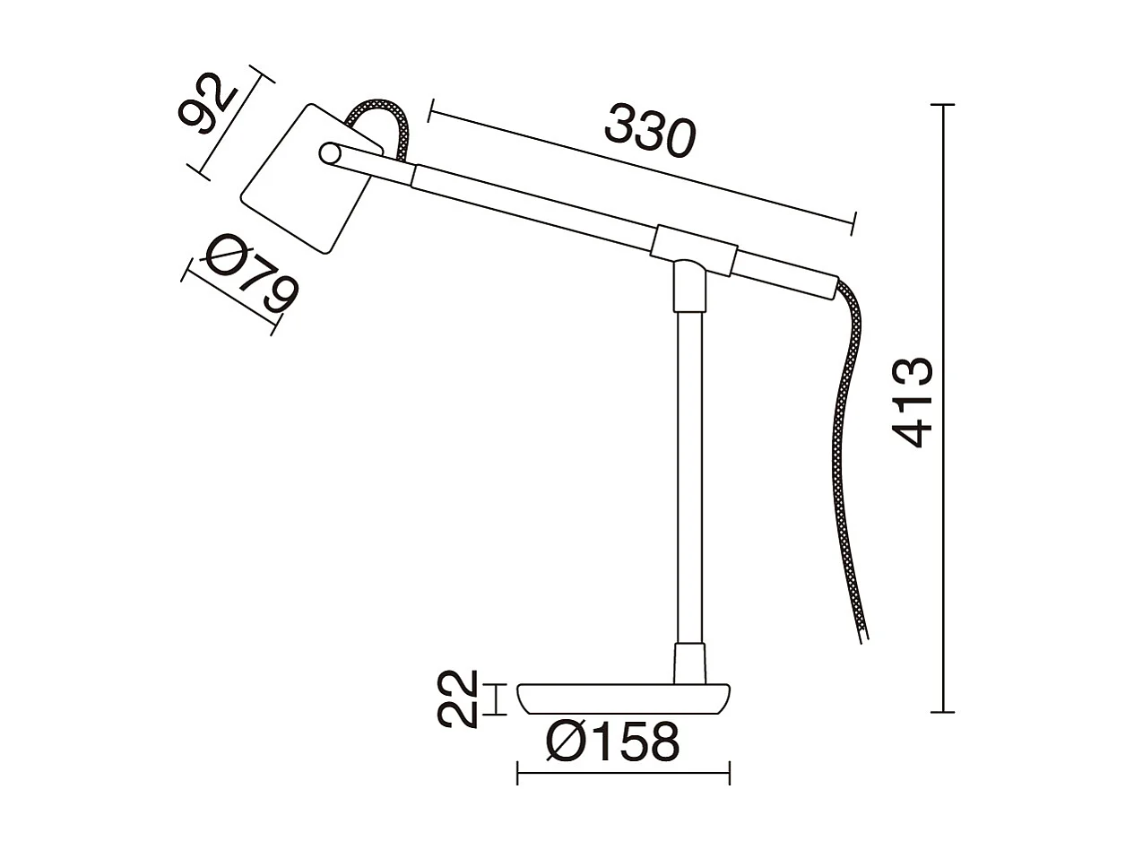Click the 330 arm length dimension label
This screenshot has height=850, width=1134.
click(650, 131)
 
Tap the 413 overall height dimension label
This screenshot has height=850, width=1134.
click(913, 403)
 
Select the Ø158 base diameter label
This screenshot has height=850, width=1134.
click(613, 742)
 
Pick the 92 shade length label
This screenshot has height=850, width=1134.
click(206, 105)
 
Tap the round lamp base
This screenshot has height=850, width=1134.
click(623, 698)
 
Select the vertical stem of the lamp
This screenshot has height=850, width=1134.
click(688, 475)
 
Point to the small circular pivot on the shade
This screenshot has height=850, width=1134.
click(331, 153)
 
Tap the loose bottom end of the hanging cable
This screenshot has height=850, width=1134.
click(862, 632)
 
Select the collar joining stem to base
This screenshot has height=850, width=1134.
click(689, 662)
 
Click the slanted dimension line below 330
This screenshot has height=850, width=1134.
click(641, 167)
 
